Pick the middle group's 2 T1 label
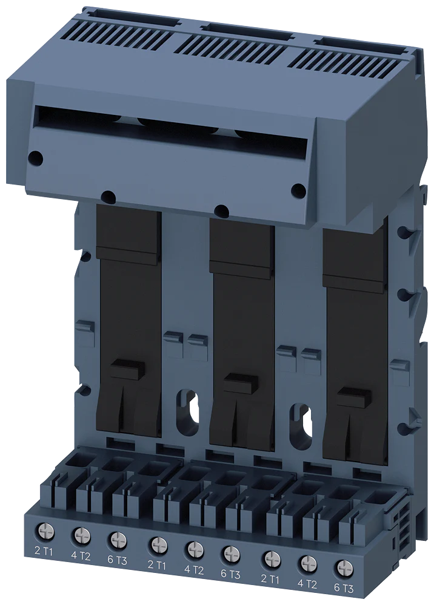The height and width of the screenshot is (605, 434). coord(157,564)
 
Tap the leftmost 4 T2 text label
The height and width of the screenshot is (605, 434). coord(81,555)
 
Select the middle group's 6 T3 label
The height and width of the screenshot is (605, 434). coord(231,574)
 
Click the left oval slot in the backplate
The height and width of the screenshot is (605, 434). coord(189,407)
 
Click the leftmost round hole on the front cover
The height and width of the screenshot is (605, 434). coord(36,159)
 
